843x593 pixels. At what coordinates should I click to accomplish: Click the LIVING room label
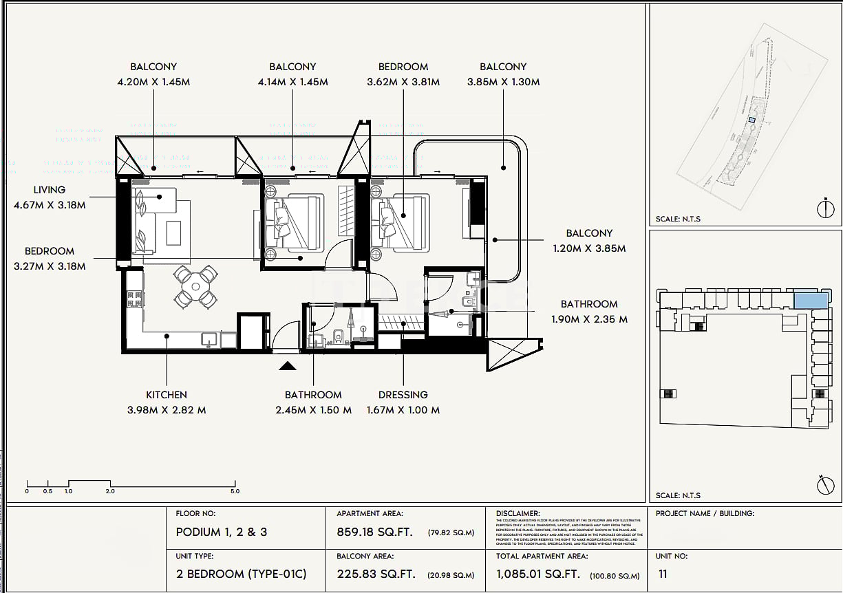tap(50, 190)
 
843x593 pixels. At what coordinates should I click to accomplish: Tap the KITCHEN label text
tap(166, 395)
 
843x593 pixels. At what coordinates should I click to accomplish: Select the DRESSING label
tap(403, 395)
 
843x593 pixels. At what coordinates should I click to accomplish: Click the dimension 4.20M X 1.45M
tap(153, 82)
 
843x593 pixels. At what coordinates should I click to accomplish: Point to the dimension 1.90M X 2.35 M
tap(589, 319)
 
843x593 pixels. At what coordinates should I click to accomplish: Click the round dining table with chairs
tap(195, 285)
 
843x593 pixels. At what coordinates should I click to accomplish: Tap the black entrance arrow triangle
tap(288, 366)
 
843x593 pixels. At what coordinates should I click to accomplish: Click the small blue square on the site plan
tap(752, 120)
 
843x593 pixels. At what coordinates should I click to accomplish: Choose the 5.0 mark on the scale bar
tap(235, 491)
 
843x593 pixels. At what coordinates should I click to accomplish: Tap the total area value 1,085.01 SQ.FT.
tap(538, 574)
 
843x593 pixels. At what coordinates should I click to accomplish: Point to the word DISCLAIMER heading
tap(517, 513)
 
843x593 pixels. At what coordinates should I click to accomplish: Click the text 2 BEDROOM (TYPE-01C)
tap(241, 574)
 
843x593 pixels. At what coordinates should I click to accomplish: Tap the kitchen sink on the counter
tap(209, 338)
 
